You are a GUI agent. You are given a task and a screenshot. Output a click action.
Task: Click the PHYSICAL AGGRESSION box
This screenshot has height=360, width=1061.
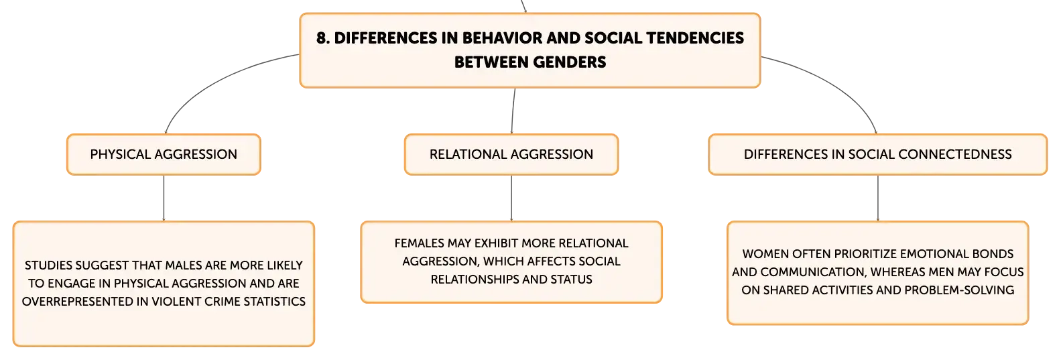(164, 154)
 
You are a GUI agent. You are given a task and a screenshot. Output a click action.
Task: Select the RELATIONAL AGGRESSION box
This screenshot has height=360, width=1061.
(511, 154)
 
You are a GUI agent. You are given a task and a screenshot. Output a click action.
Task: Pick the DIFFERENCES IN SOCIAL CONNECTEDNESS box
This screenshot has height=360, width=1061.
(878, 154)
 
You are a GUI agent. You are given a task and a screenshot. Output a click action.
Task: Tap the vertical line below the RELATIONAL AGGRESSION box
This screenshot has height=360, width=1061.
(511, 198)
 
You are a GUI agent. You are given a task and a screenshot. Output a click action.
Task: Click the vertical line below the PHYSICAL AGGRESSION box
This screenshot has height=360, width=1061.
(164, 198)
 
